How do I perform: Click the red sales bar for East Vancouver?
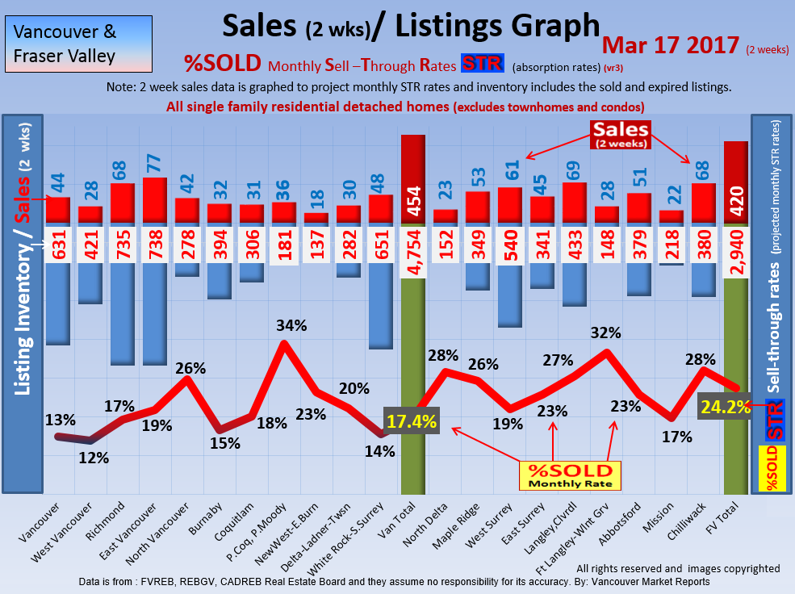[x=154, y=200]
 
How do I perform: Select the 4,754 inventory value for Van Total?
[x=412, y=251]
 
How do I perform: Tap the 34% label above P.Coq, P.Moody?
[x=291, y=326]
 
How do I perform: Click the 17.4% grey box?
[x=412, y=420]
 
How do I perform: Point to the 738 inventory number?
[x=154, y=251]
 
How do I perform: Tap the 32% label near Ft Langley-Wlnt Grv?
[x=605, y=333]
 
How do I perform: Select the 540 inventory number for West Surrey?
[x=509, y=251]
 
